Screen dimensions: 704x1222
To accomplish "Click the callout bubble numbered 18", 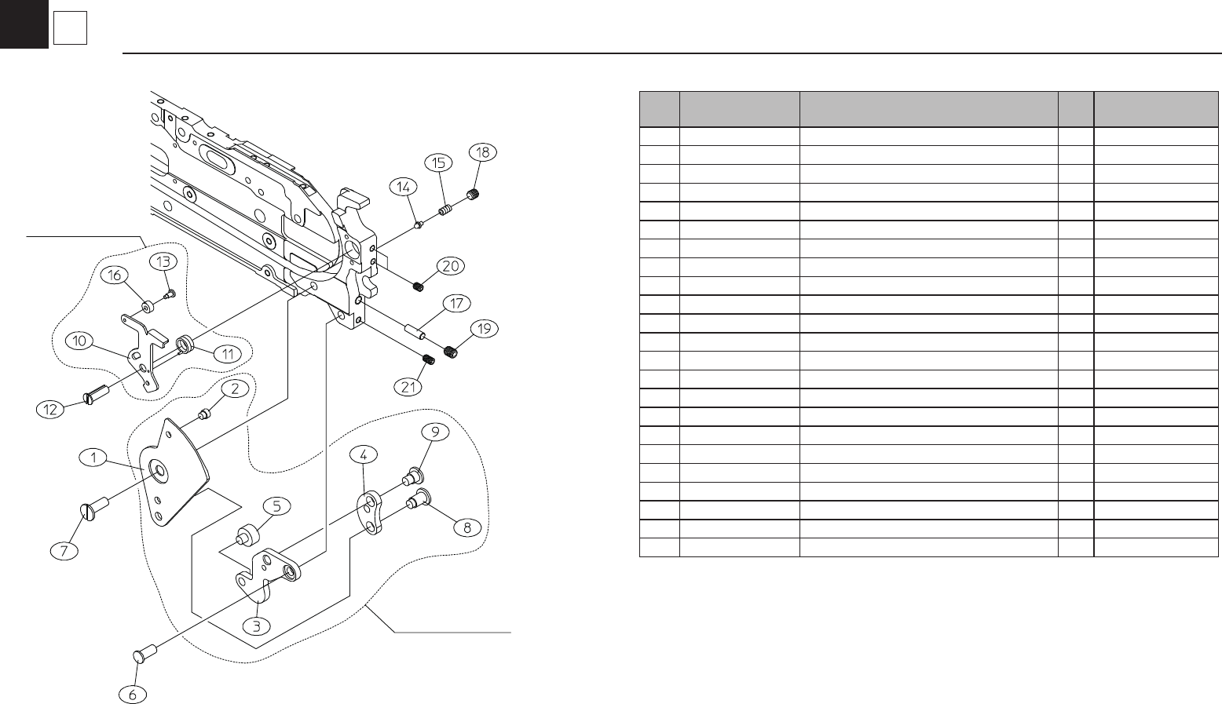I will click(483, 152).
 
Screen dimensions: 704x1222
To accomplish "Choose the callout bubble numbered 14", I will click(403, 187).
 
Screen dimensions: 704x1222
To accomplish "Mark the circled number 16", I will click(114, 275).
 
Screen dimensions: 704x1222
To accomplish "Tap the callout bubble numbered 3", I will click(256, 626).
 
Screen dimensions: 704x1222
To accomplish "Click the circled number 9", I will click(433, 431).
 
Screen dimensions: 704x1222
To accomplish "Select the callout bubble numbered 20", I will click(450, 266).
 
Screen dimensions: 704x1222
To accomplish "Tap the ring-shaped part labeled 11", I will click(186, 344).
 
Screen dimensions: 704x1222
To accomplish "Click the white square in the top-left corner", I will click(70, 30).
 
